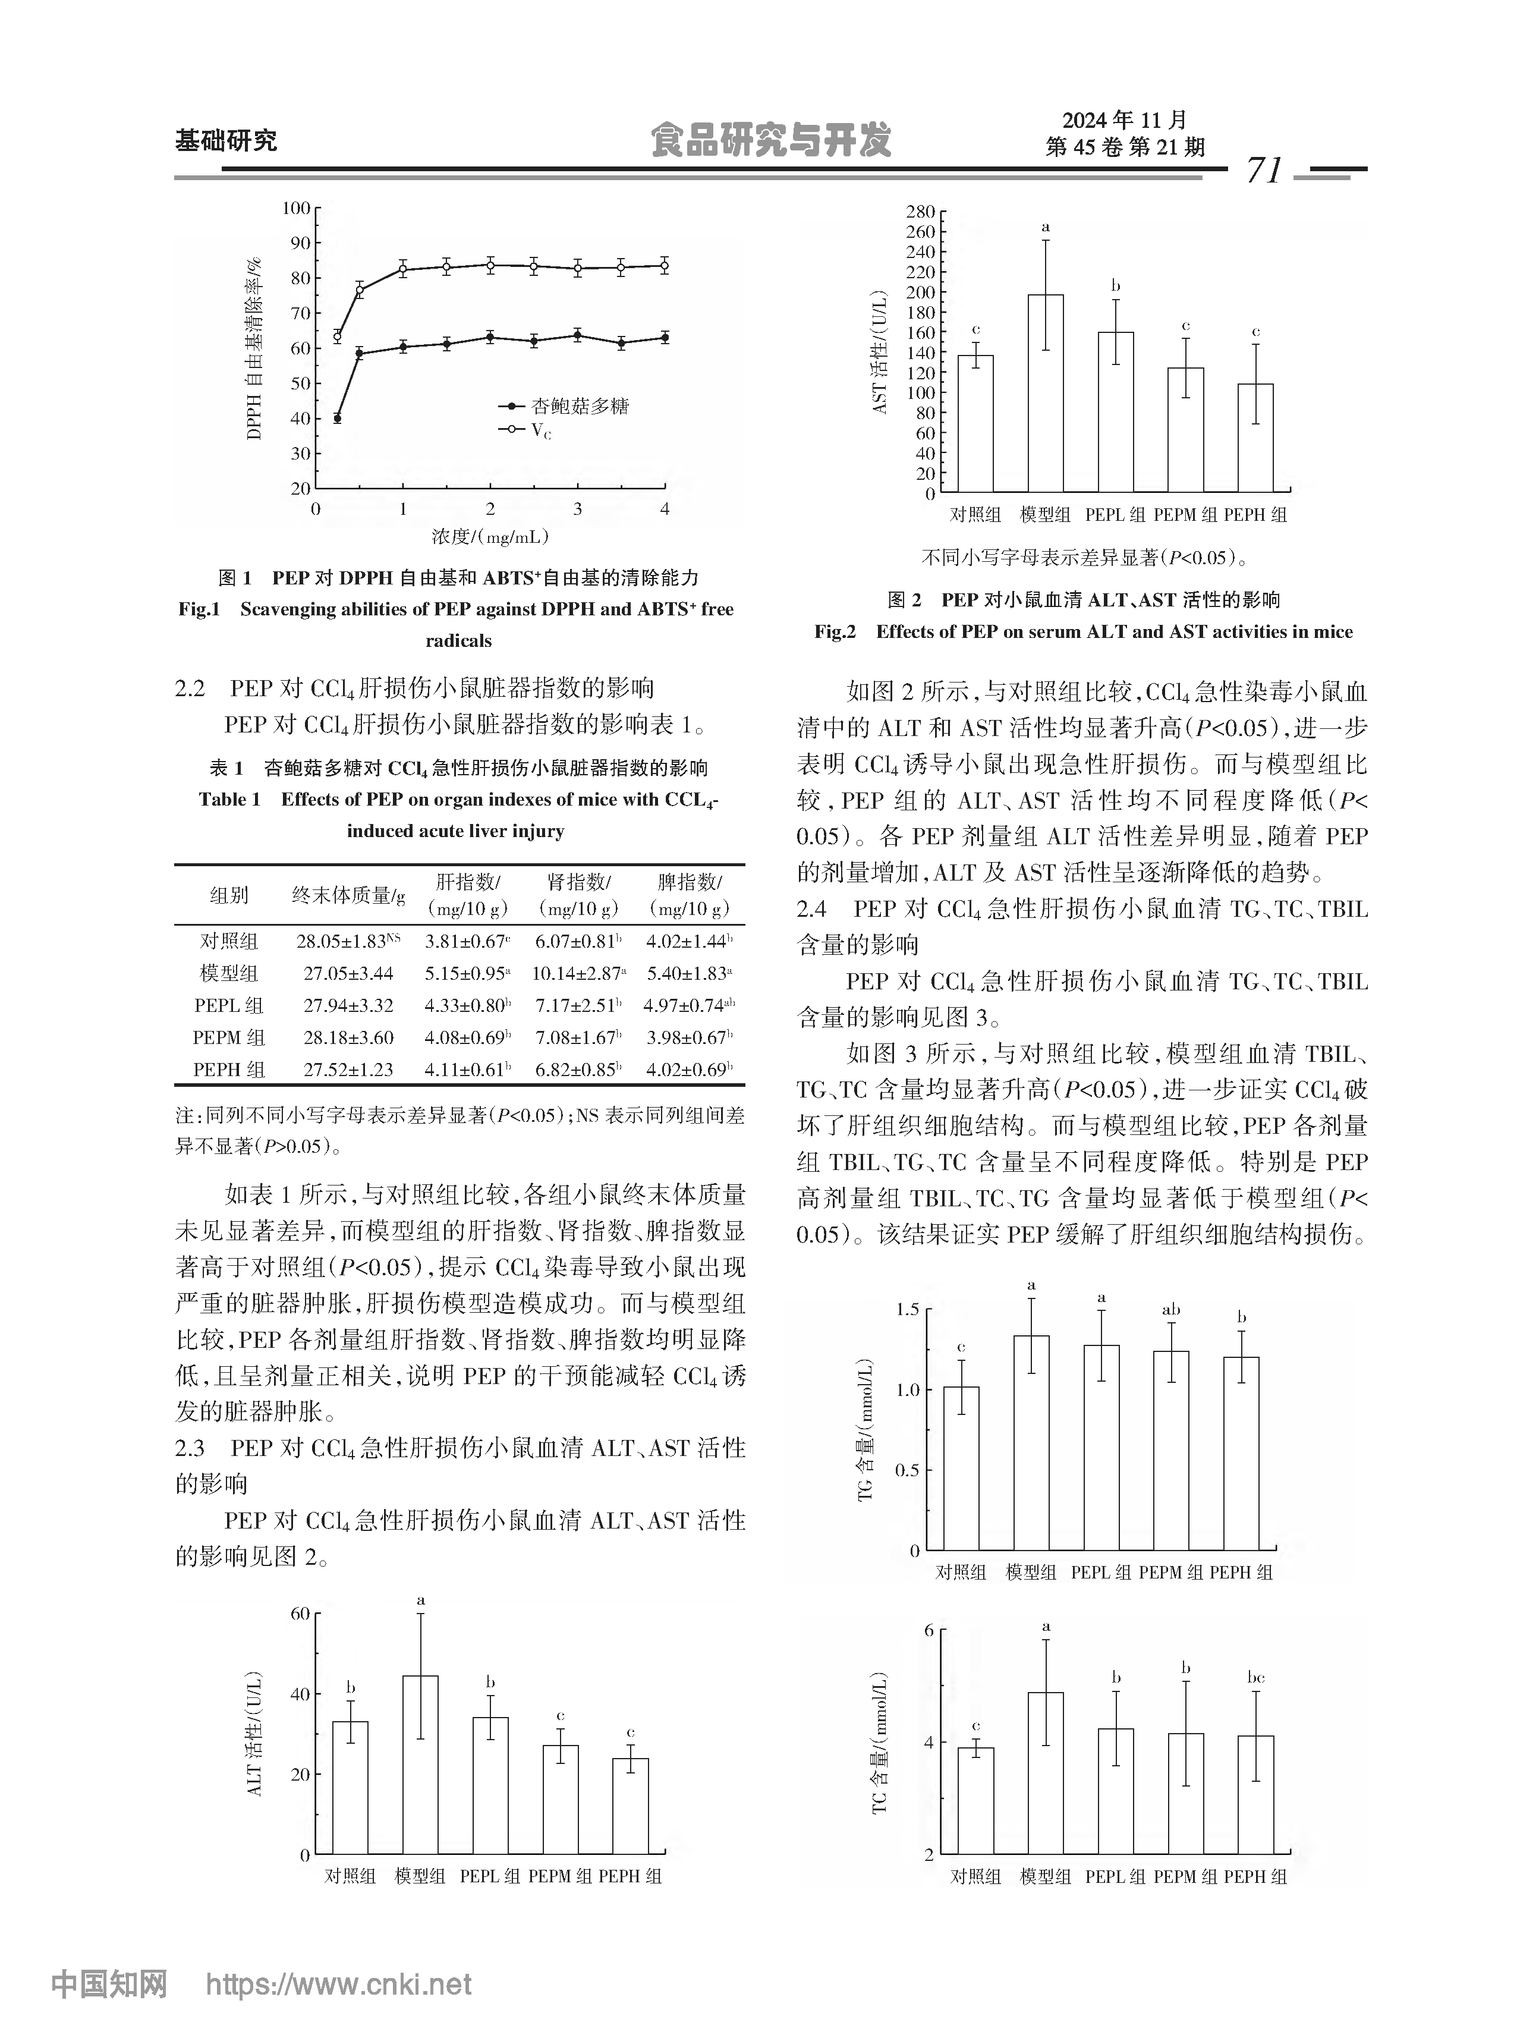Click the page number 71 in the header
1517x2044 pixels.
click(x=1264, y=171)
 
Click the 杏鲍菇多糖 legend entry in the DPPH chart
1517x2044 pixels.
click(x=580, y=406)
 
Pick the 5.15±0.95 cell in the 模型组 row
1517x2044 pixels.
click(x=467, y=973)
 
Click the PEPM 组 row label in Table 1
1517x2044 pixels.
click(x=229, y=1037)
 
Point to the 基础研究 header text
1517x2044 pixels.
click(x=226, y=140)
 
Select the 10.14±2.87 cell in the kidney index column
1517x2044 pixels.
click(x=578, y=973)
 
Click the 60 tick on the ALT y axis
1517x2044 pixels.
click(x=300, y=1614)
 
